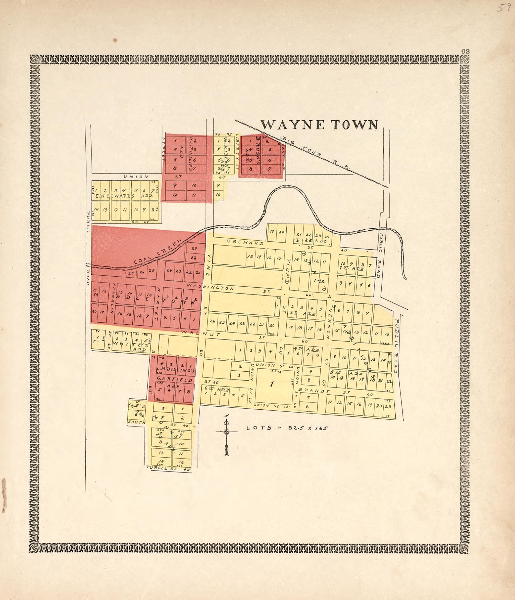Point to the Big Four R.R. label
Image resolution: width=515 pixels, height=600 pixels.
[316, 153]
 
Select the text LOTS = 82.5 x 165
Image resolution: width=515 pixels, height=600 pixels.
[287, 428]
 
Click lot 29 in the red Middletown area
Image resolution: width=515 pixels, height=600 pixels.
[194, 248]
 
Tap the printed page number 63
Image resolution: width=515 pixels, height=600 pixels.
[465, 51]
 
